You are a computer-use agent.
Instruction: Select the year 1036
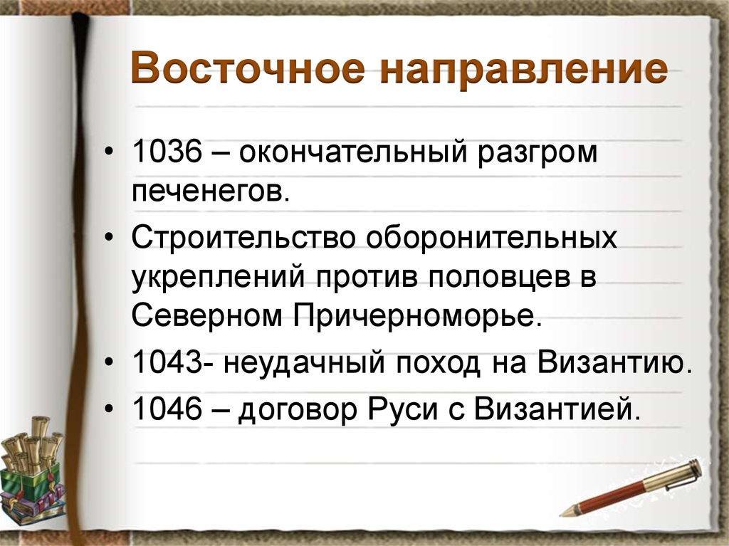168,152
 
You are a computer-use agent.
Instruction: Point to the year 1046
168,408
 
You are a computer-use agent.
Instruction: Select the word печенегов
210,191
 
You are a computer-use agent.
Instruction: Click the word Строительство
243,236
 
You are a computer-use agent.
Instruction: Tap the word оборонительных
492,237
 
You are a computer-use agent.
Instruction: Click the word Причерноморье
418,316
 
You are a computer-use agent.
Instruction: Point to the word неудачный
304,363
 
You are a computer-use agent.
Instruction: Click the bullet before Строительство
109,238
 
